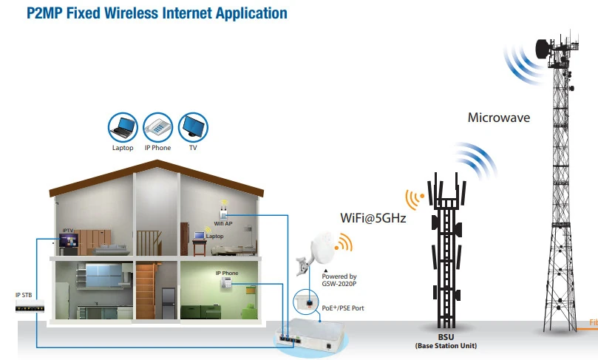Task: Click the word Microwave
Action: coord(498,118)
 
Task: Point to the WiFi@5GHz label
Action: coord(373,218)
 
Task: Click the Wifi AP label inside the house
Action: coord(223,223)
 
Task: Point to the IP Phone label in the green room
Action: coord(226,274)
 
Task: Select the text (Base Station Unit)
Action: coord(445,345)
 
